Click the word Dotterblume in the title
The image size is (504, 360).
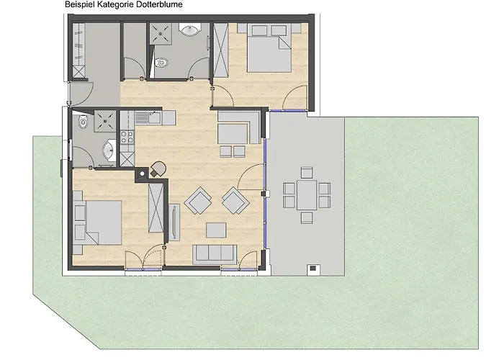[x=158, y=5]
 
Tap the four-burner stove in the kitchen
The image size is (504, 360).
[x=127, y=136]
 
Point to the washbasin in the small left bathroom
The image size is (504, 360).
[x=107, y=150]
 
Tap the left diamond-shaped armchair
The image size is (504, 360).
[x=197, y=202]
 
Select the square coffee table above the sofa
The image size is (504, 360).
[x=217, y=230]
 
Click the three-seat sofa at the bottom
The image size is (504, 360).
[x=215, y=253]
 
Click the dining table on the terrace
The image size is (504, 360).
[x=307, y=193]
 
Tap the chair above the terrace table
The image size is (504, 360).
[x=307, y=172]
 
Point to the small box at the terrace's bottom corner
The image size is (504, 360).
[x=314, y=269]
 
